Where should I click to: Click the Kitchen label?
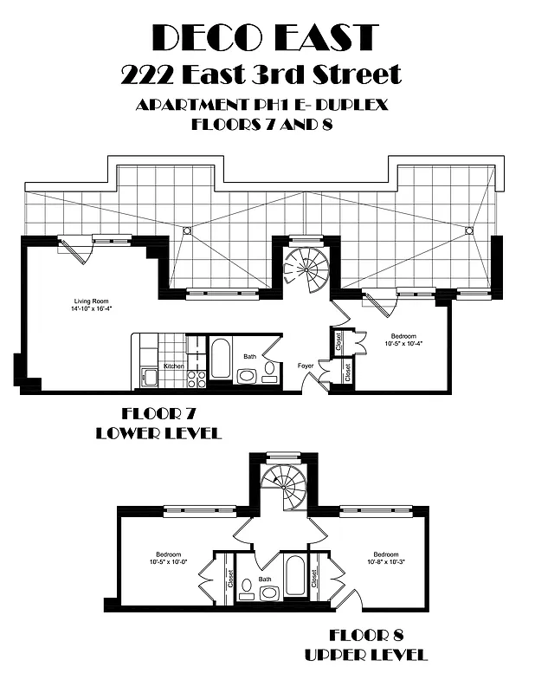click(174, 366)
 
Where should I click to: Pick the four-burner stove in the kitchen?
click(197, 379)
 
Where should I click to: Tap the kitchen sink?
click(148, 377)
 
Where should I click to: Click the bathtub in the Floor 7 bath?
click(220, 359)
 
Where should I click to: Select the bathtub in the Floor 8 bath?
click(294, 575)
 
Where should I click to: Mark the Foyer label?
click(306, 366)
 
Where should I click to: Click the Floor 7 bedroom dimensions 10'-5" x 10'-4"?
click(403, 344)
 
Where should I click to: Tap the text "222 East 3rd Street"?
click(261, 74)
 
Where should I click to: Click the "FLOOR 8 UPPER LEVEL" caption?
click(366, 644)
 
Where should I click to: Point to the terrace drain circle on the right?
click(469, 230)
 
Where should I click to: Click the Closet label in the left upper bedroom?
click(229, 578)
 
